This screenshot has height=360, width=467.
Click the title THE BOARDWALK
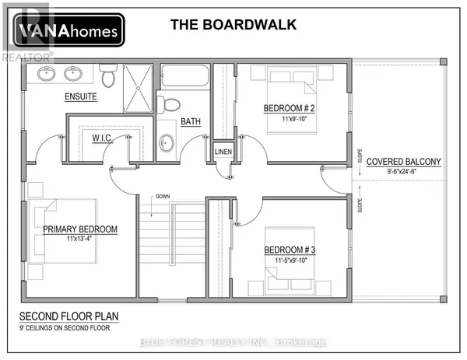click(233, 24)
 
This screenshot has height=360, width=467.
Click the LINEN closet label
click(223, 151)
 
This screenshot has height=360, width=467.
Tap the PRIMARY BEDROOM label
click(80, 229)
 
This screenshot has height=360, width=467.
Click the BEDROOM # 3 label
click(290, 249)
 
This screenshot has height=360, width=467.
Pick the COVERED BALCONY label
click(404, 162)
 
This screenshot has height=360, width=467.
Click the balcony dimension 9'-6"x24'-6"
click(404, 173)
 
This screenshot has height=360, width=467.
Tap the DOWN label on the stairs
click(163, 196)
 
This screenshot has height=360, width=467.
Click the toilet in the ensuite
click(109, 76)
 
